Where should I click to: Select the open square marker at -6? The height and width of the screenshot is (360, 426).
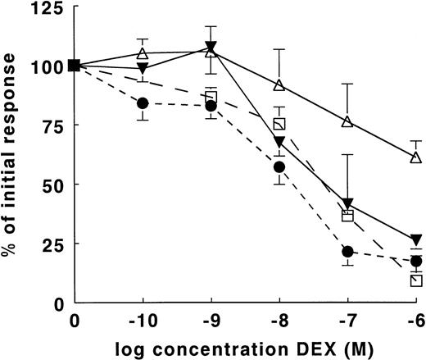click(x=416, y=280)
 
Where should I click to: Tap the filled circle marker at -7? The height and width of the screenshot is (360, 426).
click(x=347, y=252)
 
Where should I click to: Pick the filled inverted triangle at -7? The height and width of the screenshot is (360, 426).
click(x=347, y=204)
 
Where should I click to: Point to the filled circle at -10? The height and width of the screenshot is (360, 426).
click(x=143, y=103)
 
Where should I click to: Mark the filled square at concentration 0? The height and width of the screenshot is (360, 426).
click(x=75, y=66)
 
